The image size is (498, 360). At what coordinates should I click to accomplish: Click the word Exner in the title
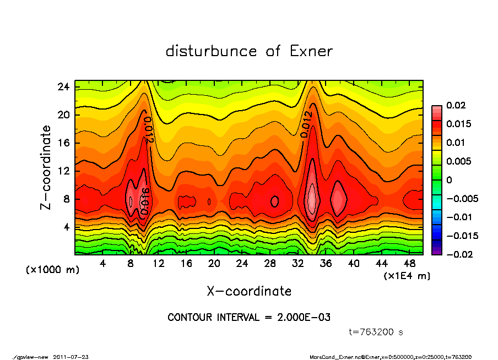311,51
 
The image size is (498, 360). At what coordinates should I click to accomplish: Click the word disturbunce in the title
212,51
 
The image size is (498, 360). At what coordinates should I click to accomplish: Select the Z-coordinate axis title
46,167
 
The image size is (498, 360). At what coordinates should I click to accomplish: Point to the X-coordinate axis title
249,291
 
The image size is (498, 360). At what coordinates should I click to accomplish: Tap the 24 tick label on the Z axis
64,87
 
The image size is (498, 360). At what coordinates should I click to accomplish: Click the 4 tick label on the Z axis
67,227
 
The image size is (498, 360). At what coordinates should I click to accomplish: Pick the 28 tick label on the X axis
270,264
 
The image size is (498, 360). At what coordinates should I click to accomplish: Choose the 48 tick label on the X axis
409,264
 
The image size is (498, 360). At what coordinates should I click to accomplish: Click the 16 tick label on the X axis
186,264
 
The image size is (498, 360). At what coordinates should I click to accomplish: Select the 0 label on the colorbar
449,180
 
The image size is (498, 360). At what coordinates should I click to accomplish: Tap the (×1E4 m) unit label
407,275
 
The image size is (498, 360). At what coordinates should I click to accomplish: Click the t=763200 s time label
377,332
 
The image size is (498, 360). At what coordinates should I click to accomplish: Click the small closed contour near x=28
275,201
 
